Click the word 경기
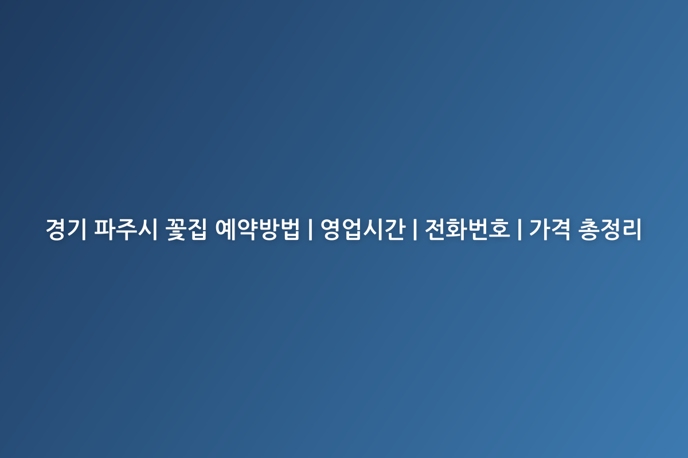(x=66, y=229)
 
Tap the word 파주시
(x=126, y=229)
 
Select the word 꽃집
(x=186, y=229)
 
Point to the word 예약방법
(x=257, y=229)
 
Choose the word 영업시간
(x=363, y=229)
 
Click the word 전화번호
(x=467, y=229)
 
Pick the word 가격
(x=550, y=229)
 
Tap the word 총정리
(x=610, y=229)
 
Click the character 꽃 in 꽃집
(x=176, y=230)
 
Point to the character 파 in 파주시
(x=104, y=229)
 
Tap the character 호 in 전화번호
(x=500, y=229)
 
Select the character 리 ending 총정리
(x=632, y=229)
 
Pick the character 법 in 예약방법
(x=290, y=229)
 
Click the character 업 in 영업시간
(x=352, y=229)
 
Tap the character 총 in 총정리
(x=588, y=229)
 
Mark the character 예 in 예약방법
(x=225, y=229)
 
